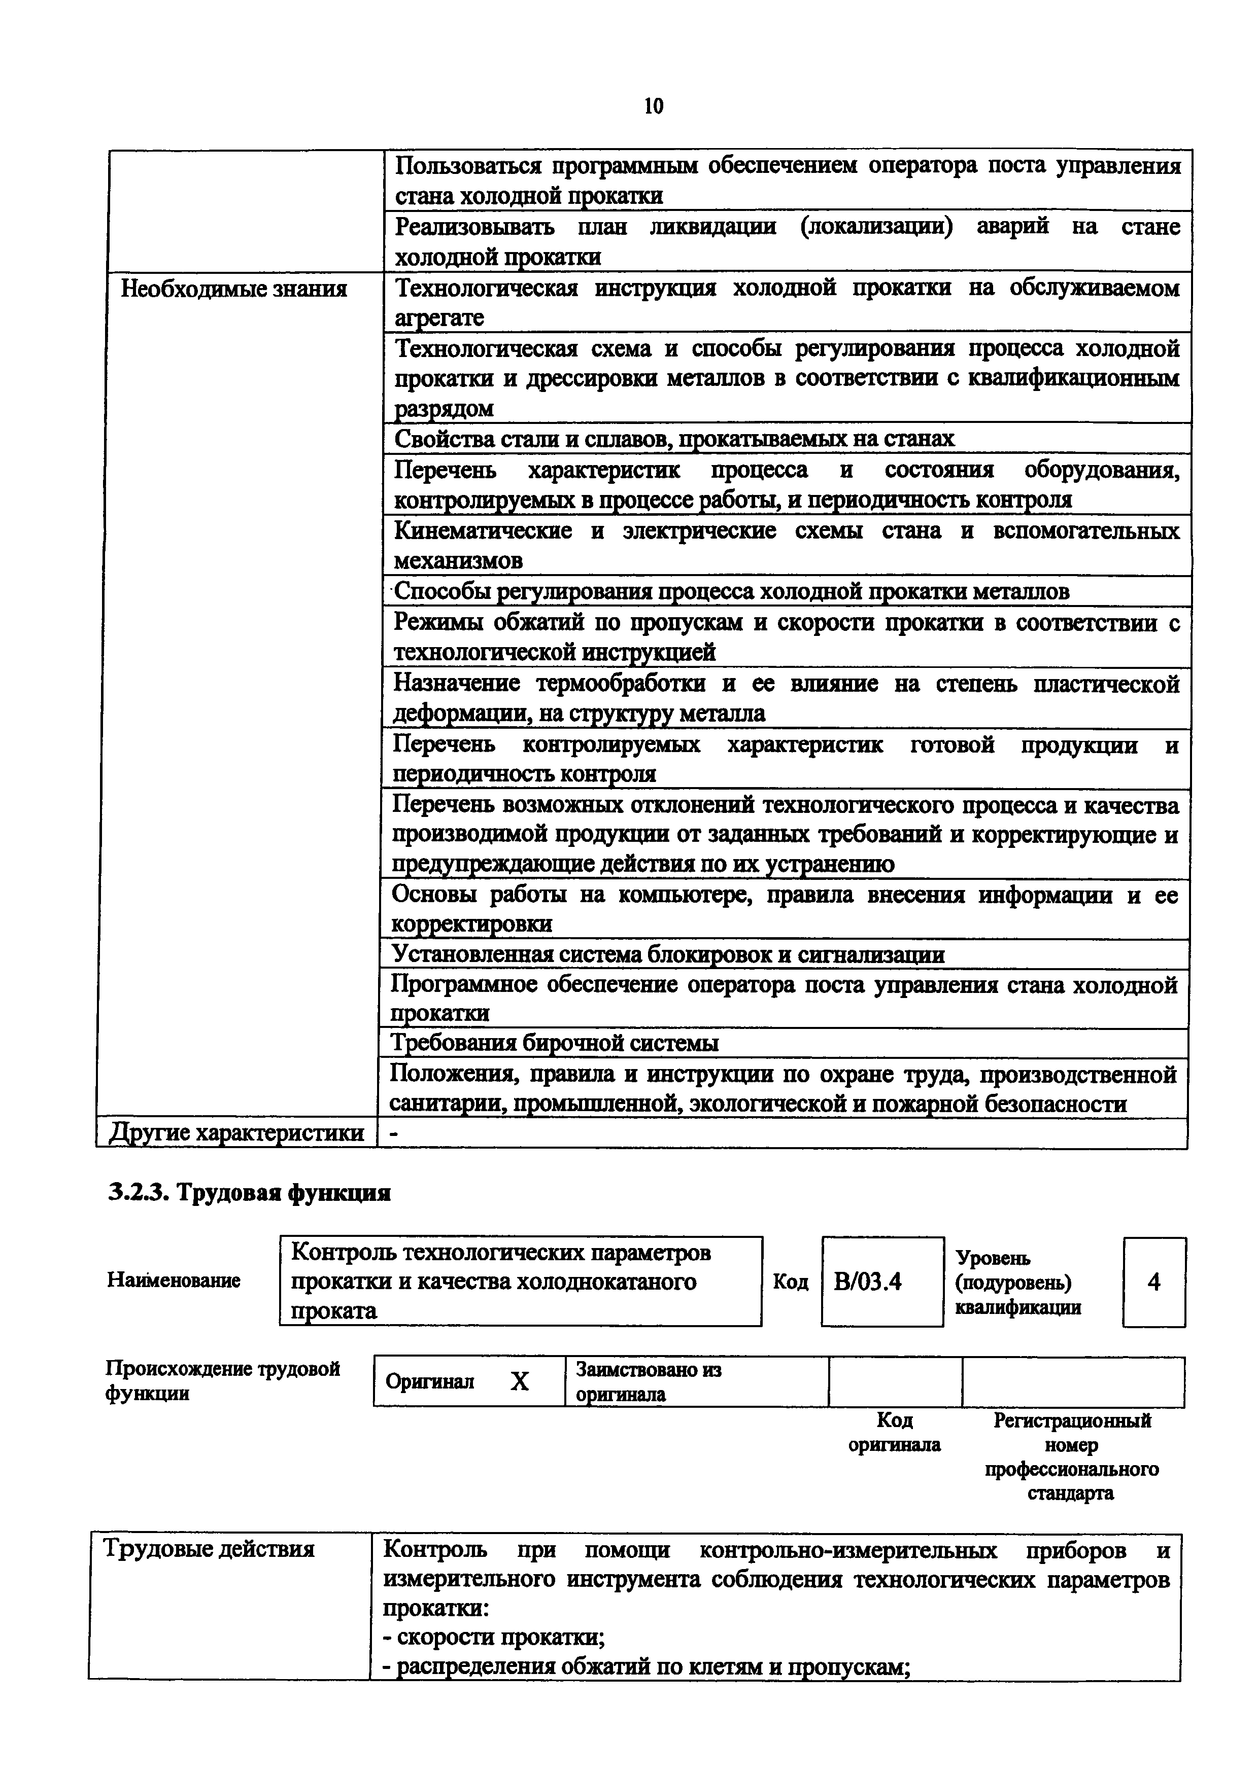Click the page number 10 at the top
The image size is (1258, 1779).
click(654, 106)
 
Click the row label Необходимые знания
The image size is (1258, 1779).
click(234, 289)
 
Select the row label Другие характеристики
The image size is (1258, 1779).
click(236, 1133)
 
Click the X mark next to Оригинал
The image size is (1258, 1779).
click(519, 1381)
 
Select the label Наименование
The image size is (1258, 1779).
click(174, 1280)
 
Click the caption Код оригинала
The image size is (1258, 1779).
click(895, 1432)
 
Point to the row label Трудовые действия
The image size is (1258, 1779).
click(209, 1549)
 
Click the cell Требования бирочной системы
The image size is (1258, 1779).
click(554, 1043)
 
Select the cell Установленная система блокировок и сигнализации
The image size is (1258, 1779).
click(667, 954)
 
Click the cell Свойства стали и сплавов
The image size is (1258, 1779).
click(674, 439)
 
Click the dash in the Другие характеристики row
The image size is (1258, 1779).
click(394, 1133)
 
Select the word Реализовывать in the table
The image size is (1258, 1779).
click(474, 226)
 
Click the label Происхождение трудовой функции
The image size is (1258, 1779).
click(222, 1381)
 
